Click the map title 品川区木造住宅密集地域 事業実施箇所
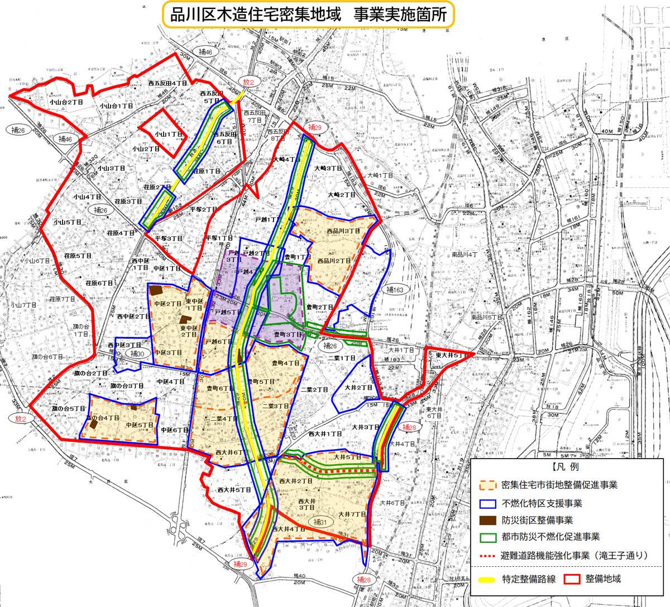308,15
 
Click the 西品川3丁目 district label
343,231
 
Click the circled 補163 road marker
397,290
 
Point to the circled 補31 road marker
319,522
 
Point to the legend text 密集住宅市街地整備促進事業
559,485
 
